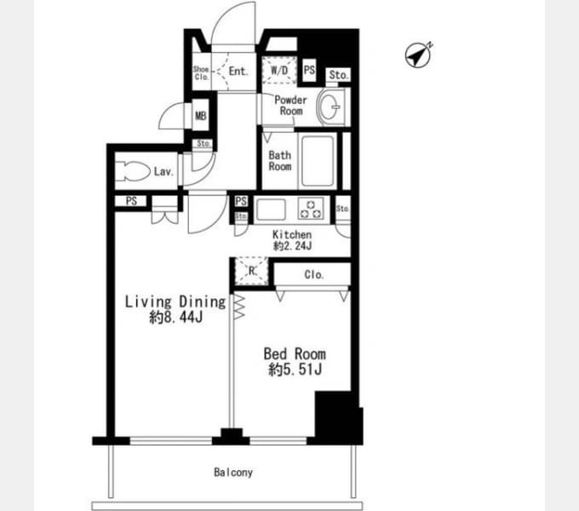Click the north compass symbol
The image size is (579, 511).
click(418, 55)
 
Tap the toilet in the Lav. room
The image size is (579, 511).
click(133, 171)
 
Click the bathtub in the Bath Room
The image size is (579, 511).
click(318, 161)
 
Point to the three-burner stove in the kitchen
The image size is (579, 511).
click(311, 209)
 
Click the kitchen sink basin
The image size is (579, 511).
click(271, 210)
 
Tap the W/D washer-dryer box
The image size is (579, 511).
click(279, 70)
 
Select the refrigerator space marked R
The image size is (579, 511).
click(252, 271)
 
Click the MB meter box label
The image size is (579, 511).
click(200, 116)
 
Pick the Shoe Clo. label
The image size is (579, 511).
click(201, 72)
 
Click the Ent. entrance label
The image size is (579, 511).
click(238, 71)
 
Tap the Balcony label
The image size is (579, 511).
click(233, 472)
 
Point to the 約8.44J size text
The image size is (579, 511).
click(175, 317)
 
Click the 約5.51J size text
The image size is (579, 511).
click(295, 370)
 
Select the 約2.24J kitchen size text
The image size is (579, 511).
click(292, 245)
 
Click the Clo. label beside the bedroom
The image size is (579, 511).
click(314, 275)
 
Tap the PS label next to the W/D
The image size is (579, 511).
click(309, 70)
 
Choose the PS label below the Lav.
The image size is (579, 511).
click(131, 201)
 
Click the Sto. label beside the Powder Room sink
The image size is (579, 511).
click(339, 75)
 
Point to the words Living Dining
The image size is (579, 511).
click(175, 301)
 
